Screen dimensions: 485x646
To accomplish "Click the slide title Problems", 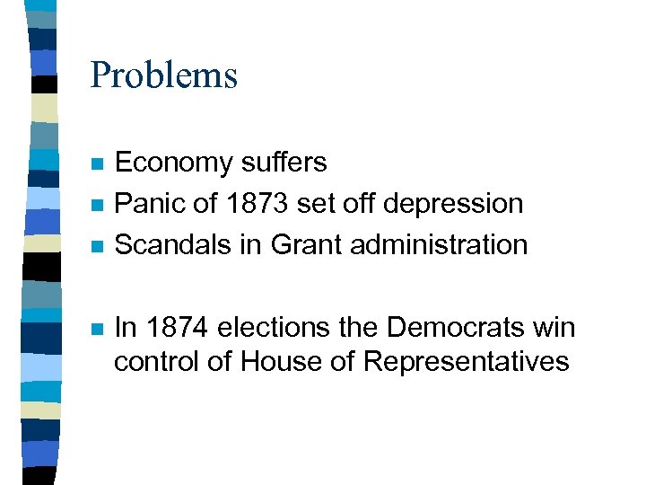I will click(x=163, y=75).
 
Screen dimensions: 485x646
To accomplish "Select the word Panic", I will click(x=146, y=204).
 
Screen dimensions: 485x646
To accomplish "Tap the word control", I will click(x=148, y=361).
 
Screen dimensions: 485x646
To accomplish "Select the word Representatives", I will click(x=467, y=361).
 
